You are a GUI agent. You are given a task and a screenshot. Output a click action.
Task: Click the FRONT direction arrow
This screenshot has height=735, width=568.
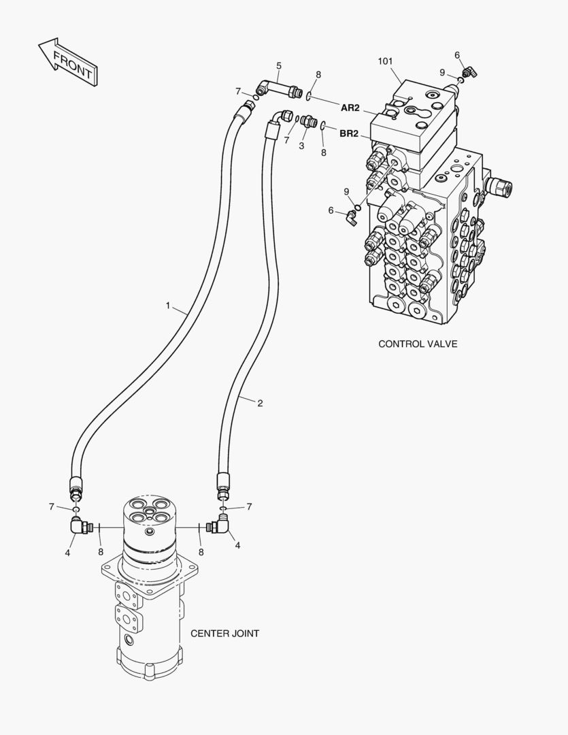(68, 61)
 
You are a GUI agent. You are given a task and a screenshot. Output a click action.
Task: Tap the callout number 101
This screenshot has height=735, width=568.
(385, 61)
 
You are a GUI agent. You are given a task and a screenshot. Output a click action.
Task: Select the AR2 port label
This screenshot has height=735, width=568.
(350, 108)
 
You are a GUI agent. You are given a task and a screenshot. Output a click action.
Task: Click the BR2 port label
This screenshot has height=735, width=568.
(349, 134)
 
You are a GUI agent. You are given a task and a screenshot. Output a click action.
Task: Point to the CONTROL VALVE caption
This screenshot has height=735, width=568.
(418, 344)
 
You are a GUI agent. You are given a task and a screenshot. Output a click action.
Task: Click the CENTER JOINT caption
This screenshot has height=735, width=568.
(224, 634)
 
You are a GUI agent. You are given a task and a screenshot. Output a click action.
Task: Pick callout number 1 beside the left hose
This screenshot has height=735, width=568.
(168, 306)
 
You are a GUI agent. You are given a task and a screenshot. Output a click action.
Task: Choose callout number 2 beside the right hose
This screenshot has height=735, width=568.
(260, 403)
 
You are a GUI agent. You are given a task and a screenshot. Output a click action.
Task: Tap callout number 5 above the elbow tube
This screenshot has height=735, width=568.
(279, 65)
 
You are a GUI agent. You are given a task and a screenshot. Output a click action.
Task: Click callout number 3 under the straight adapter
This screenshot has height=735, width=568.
(301, 146)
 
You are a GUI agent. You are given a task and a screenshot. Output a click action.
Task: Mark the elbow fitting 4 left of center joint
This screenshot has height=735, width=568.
(81, 525)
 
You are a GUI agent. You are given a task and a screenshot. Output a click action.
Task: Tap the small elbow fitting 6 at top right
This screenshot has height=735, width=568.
(468, 72)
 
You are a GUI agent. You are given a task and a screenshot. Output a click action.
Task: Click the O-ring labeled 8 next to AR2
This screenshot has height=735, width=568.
(308, 96)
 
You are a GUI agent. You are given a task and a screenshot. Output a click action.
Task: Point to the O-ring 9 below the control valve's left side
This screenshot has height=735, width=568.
(358, 207)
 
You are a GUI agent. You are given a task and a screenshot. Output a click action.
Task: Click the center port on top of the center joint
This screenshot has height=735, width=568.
(148, 510)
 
